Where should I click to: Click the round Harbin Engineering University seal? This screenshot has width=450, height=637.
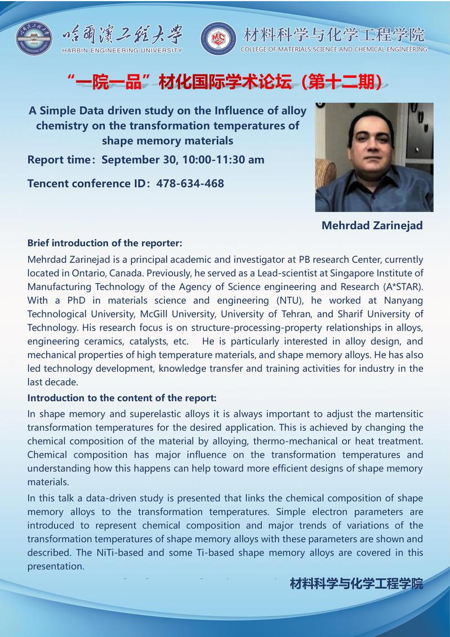click(x=34, y=38)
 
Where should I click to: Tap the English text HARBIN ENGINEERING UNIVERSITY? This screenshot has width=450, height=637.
click(x=121, y=50)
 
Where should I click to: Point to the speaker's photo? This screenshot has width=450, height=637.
click(x=374, y=157)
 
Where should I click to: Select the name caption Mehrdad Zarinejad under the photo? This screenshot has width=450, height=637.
click(x=372, y=225)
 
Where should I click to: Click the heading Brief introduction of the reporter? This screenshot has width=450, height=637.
click(x=105, y=243)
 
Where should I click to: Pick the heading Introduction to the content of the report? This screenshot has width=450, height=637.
click(x=122, y=398)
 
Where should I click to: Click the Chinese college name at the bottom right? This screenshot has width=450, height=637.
click(x=356, y=583)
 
